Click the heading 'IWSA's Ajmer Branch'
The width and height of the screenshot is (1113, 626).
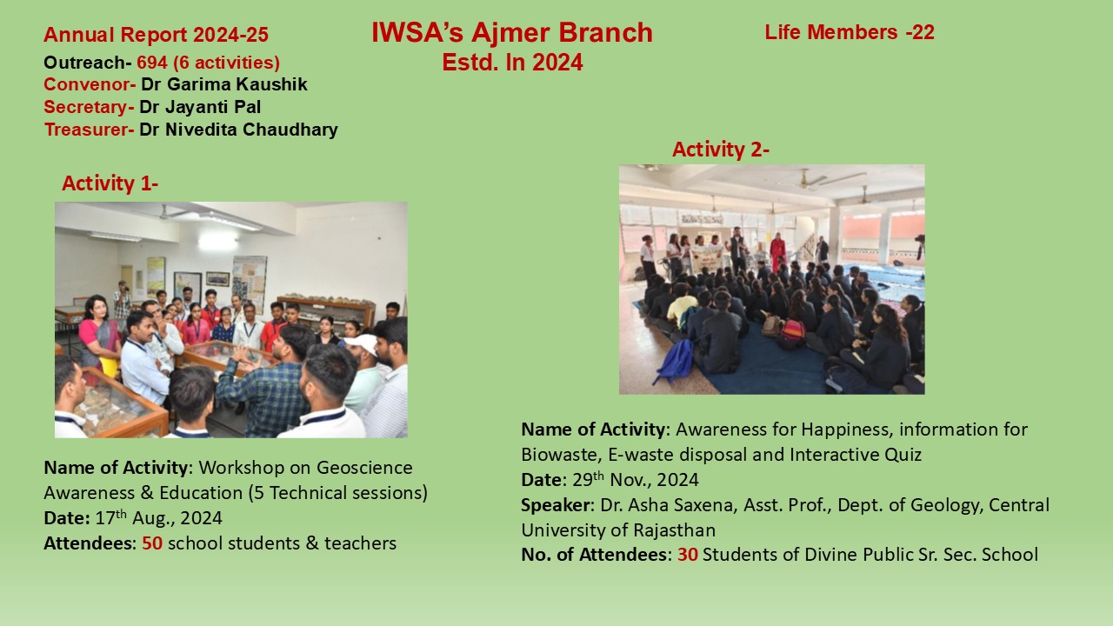(512, 33)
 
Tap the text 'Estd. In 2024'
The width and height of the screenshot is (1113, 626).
(512, 63)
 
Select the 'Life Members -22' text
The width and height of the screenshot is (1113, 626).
(850, 32)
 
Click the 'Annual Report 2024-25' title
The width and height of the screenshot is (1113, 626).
(156, 35)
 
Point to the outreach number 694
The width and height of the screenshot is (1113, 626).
(152, 63)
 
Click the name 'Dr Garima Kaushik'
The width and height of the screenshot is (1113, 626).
(224, 84)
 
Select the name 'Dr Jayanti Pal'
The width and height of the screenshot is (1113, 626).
(200, 107)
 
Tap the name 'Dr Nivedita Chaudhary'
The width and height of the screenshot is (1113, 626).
(238, 130)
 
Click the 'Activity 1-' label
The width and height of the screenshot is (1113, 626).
(110, 183)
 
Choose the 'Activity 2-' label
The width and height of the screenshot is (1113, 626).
(721, 150)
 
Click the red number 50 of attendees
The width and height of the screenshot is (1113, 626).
(152, 543)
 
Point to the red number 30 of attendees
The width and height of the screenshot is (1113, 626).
(688, 555)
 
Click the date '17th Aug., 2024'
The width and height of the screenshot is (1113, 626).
(158, 517)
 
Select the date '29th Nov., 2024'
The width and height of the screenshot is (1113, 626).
(636, 479)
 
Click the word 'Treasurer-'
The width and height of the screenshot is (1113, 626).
(89, 130)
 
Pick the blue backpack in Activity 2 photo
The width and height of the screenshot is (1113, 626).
(675, 360)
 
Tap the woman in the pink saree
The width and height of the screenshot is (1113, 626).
(99, 332)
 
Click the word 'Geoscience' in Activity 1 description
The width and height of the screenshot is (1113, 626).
(364, 468)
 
